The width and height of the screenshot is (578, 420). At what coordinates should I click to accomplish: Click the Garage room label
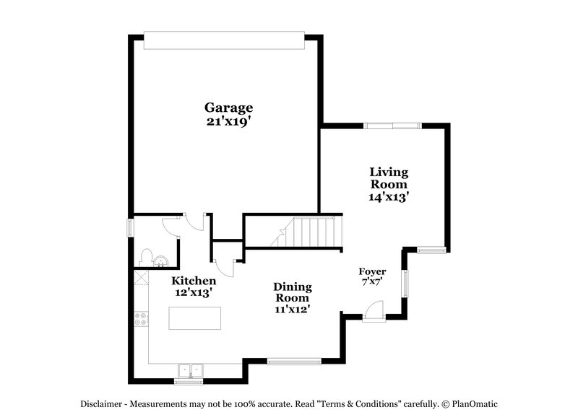coord(228,108)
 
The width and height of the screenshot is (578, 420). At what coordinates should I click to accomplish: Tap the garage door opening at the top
coord(223,40)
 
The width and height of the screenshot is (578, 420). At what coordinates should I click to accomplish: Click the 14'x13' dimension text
coord(389,195)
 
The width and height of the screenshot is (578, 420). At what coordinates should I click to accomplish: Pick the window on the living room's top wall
coord(392,126)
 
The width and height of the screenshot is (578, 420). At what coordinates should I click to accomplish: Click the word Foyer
coord(373,271)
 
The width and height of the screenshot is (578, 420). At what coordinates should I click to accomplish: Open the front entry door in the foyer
coord(374,312)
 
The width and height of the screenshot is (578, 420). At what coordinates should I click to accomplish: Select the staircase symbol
coord(307,232)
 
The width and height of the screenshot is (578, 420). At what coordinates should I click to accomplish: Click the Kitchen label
coord(193,280)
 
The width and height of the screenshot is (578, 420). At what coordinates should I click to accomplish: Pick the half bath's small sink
coord(160,261)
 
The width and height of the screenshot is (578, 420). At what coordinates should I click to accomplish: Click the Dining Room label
coord(292,292)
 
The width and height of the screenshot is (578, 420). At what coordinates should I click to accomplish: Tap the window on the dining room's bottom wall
coord(293,360)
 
